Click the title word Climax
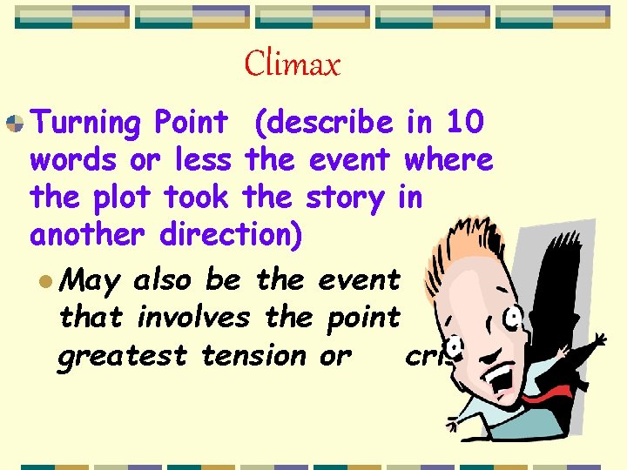[x=293, y=64]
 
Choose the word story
[x=344, y=198]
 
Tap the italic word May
[x=91, y=281]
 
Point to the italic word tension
[x=253, y=355]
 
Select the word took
[x=196, y=198]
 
